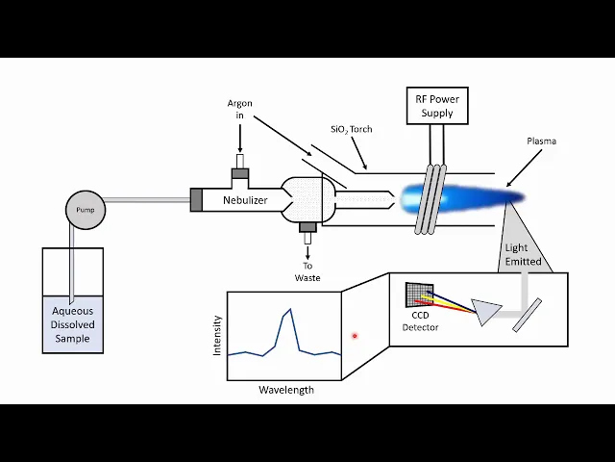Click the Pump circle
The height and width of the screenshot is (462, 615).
[85, 210]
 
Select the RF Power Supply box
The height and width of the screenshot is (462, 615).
[437, 106]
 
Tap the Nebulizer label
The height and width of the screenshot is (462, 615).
[245, 200]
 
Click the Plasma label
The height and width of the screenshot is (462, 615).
[541, 141]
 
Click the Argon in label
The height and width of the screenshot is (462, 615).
[240, 109]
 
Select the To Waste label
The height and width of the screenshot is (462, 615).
[307, 271]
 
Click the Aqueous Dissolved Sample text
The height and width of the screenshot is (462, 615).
[72, 324]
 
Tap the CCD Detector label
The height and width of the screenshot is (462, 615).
[420, 321]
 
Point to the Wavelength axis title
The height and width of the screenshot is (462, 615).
[285, 390]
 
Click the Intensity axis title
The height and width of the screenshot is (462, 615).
[217, 336]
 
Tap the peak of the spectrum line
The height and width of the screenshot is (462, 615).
[287, 310]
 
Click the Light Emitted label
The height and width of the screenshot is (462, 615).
[523, 254]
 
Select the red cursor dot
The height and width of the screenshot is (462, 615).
[355, 336]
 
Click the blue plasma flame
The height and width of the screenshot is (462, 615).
[461, 198]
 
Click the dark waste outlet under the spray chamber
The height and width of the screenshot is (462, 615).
[307, 228]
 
